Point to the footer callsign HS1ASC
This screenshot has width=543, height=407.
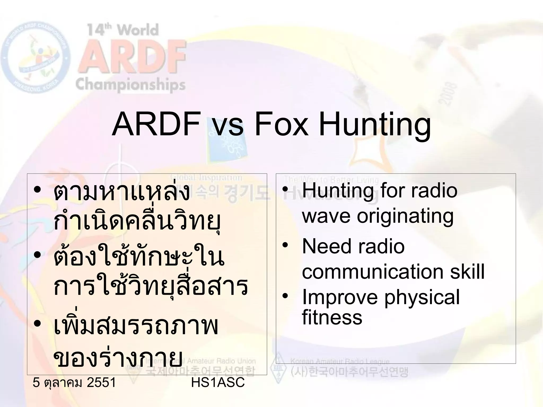[218, 383]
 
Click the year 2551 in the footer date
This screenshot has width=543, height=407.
[101, 383]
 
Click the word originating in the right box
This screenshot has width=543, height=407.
[405, 216]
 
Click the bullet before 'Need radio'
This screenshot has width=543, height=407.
[285, 245]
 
